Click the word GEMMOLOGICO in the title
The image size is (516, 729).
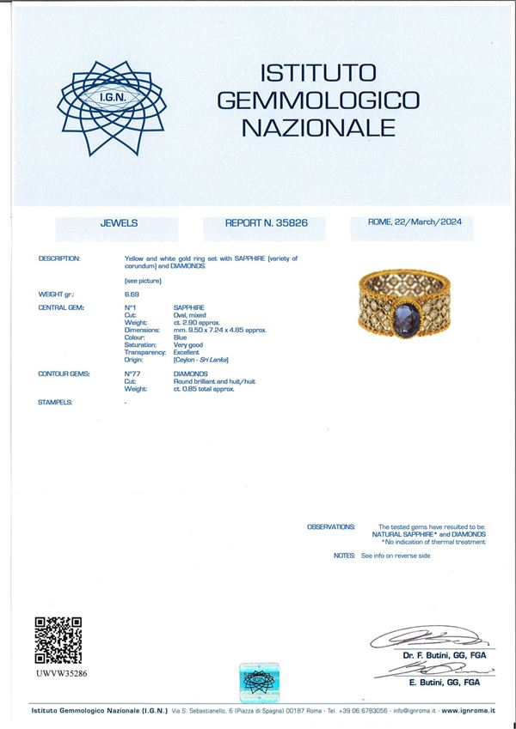click(318, 100)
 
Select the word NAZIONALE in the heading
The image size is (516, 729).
click(318, 129)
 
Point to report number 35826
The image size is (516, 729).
click(291, 222)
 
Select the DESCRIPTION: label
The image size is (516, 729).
click(59, 258)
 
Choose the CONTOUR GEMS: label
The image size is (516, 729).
click(62, 374)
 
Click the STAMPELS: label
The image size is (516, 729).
click(55, 402)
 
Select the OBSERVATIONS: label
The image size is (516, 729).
click(330, 526)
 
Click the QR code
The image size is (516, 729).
click(58, 640)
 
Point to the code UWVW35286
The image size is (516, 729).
click(61, 674)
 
